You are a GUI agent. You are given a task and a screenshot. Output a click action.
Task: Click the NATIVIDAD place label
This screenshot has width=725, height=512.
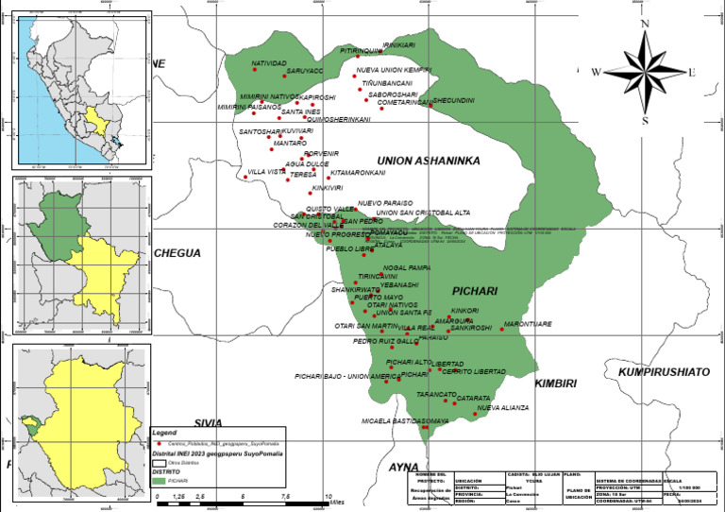(268, 63)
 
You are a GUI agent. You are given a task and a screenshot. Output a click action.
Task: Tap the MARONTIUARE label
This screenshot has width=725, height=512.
(528, 324)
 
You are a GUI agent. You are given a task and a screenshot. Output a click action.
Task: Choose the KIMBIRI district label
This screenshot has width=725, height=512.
(555, 383)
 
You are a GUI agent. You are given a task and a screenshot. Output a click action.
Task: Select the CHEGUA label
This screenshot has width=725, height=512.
(177, 253)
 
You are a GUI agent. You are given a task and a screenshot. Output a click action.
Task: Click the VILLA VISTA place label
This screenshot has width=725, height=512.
(266, 172)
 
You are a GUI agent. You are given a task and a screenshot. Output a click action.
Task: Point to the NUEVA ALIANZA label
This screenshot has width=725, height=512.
(502, 408)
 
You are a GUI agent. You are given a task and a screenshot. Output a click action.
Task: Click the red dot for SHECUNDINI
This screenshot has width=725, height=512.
(430, 105)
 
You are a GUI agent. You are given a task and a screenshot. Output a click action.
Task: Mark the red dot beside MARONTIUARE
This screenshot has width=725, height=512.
(502, 329)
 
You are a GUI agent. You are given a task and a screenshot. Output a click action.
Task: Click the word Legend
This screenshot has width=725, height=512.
(163, 432)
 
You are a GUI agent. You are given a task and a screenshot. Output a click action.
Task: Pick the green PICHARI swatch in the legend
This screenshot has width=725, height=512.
(159, 482)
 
